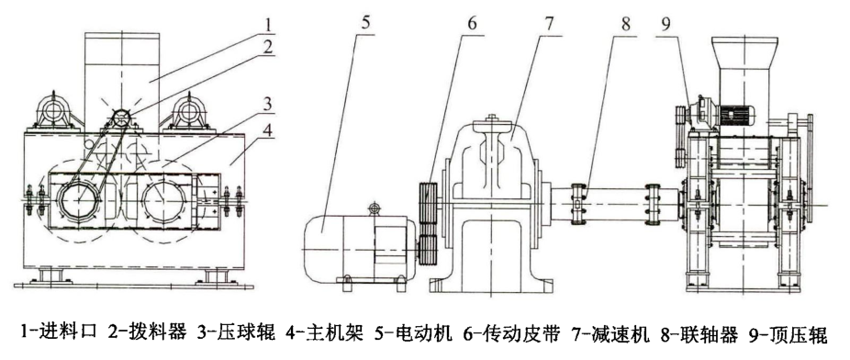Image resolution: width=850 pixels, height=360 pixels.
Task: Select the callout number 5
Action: [x=366, y=23]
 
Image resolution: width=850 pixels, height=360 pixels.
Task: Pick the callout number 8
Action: [x=627, y=25]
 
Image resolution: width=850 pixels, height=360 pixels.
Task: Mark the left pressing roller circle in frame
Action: [x=80, y=199]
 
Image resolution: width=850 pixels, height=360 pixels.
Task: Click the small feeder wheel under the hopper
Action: [x=121, y=118]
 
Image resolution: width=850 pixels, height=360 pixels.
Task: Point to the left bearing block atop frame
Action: [x=54, y=113]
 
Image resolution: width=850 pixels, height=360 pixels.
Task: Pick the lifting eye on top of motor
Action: [x=374, y=208]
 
